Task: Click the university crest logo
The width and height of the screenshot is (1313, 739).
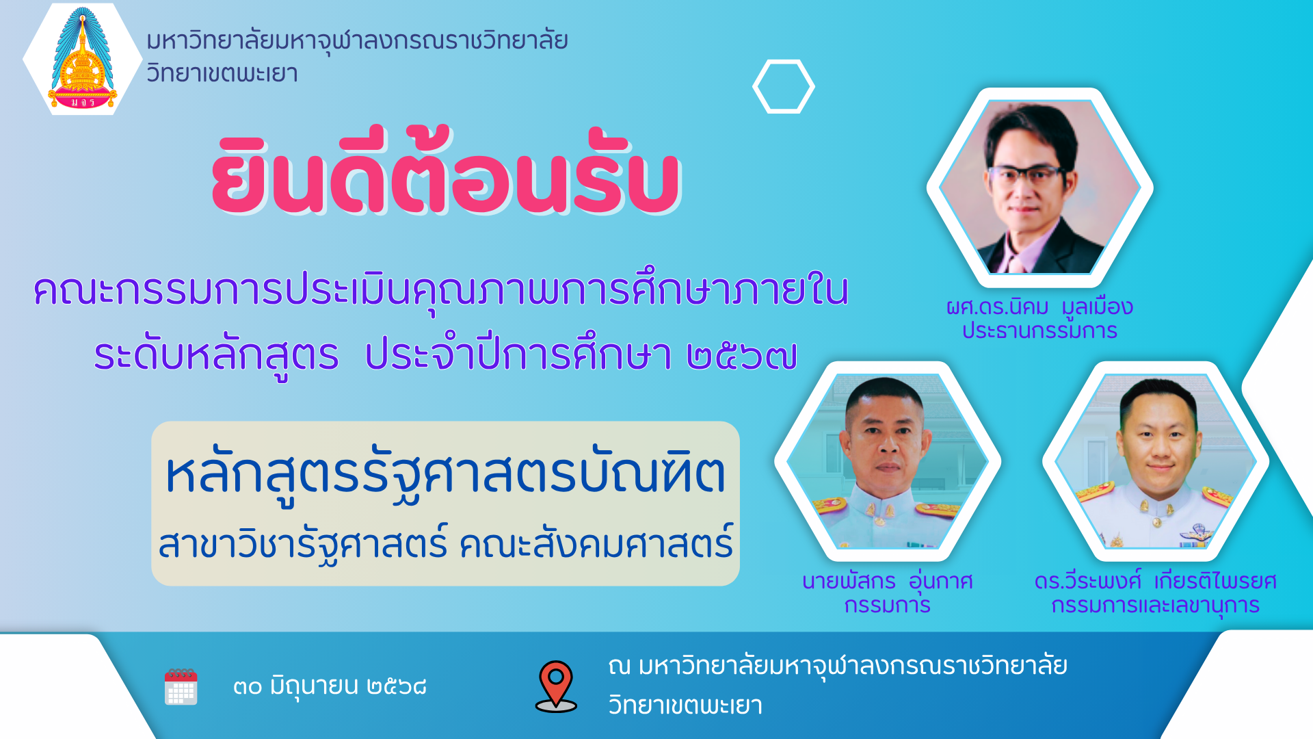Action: (83, 58)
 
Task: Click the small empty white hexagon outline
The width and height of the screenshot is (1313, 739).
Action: (784, 86)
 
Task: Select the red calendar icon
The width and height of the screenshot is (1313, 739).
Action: (181, 686)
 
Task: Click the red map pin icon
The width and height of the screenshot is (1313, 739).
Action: (556, 686)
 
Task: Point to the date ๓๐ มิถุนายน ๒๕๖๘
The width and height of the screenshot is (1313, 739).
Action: (330, 686)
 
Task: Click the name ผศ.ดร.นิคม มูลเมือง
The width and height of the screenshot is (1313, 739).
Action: (1039, 307)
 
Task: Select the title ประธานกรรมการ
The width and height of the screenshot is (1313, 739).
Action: (1039, 330)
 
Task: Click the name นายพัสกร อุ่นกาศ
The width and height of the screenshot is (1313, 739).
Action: (887, 581)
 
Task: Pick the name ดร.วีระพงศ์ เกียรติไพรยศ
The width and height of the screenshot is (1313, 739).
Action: (1155, 581)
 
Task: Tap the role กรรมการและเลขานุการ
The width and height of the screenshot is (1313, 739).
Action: (1155, 606)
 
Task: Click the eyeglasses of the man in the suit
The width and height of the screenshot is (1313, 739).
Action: (1025, 174)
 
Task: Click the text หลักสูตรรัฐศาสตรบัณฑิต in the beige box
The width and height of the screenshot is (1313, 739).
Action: (445, 473)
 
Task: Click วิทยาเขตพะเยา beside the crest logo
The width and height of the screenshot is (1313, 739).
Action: (222, 73)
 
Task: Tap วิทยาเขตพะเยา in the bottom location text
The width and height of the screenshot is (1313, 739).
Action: (685, 705)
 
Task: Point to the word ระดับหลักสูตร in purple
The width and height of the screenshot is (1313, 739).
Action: (216, 356)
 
